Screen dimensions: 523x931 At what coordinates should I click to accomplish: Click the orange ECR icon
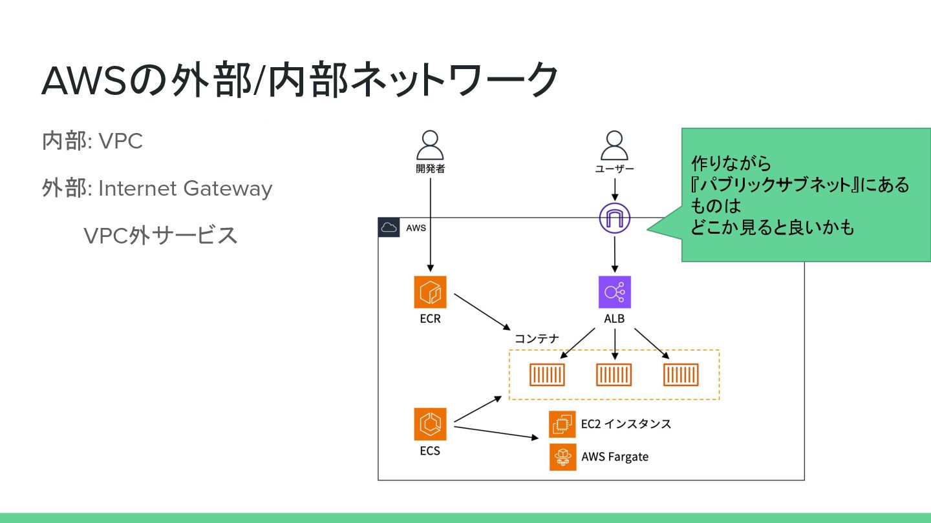pos(430,292)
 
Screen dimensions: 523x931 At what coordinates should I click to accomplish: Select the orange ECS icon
pos(430,424)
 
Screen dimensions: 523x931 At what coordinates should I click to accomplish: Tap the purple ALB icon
pos(614,292)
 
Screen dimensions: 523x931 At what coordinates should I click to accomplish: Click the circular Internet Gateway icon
pos(614,218)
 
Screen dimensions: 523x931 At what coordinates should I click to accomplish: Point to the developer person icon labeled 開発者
pos(430,146)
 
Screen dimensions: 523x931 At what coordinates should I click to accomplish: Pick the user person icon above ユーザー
pos(614,146)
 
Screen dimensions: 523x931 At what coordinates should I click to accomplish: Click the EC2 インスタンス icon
pos(562,424)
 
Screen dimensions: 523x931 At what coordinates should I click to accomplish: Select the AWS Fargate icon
pos(562,456)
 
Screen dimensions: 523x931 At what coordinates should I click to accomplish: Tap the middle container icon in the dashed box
pos(614,374)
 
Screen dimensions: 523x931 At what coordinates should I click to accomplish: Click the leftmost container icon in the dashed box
pos(547,374)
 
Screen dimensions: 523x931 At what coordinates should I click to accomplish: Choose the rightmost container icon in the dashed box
pos(681,374)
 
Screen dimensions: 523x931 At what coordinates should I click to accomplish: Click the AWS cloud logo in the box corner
pos(389,227)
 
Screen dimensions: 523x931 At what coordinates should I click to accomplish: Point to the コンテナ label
pos(537,339)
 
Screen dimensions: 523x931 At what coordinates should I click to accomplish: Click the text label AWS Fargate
pos(614,457)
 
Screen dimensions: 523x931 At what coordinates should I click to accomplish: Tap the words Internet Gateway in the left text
pos(185,189)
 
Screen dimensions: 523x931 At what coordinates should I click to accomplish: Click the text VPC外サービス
pos(160,236)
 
